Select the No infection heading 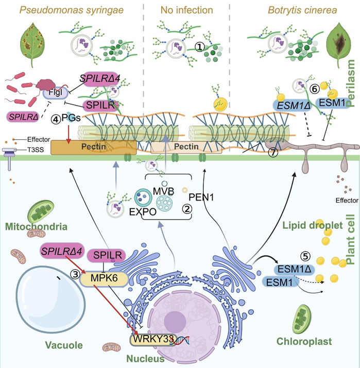click(180, 10)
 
